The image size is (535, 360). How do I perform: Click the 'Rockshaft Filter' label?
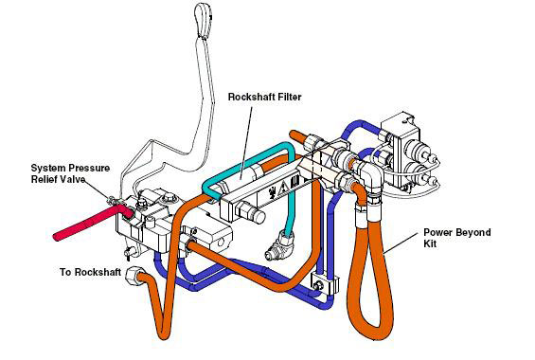(265, 97)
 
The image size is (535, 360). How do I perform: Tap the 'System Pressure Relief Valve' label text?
(70, 173)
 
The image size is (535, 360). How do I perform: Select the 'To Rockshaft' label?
(90, 272)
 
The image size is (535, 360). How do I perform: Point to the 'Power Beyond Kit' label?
(456, 238)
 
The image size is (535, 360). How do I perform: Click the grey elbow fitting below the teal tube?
(278, 245)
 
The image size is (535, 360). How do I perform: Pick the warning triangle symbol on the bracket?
(283, 188)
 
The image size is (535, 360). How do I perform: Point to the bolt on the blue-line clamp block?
(318, 285)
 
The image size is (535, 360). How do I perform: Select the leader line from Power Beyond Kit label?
(401, 243)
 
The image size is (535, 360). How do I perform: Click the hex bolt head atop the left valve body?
(169, 197)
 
